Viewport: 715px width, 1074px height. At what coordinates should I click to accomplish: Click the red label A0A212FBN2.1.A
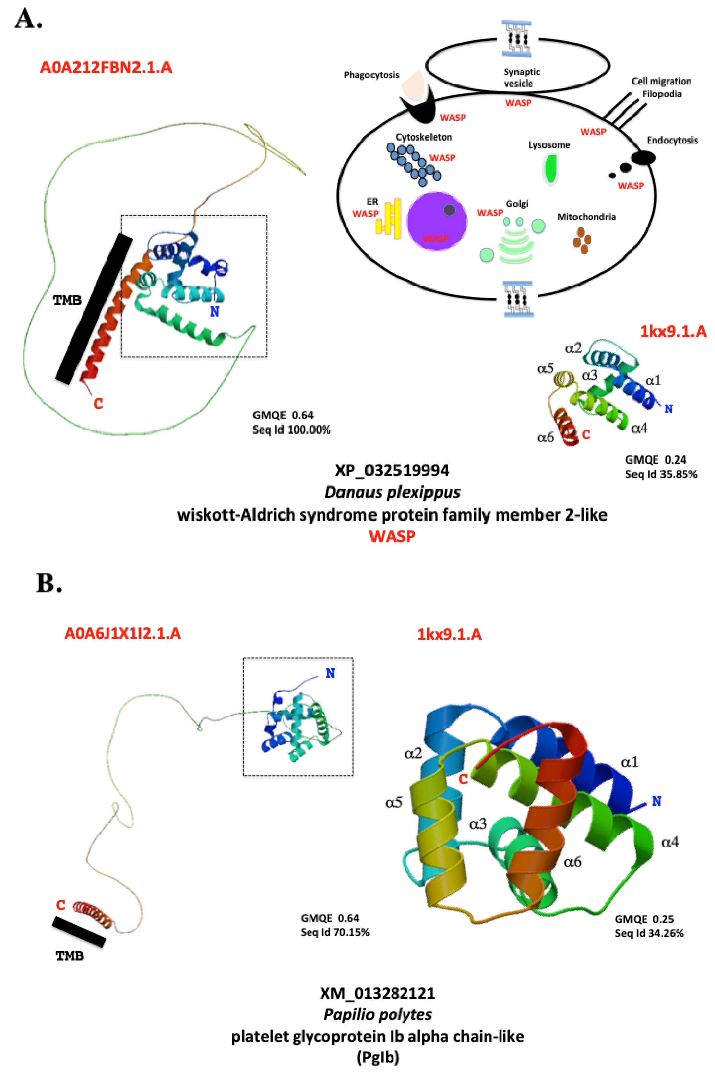(106, 68)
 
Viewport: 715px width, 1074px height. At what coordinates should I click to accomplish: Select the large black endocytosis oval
(643, 158)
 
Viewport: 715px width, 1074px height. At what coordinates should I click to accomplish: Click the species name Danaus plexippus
(392, 492)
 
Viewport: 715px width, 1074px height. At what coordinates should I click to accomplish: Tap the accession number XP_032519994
(392, 470)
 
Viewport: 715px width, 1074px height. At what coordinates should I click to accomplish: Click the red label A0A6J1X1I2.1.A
(123, 633)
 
